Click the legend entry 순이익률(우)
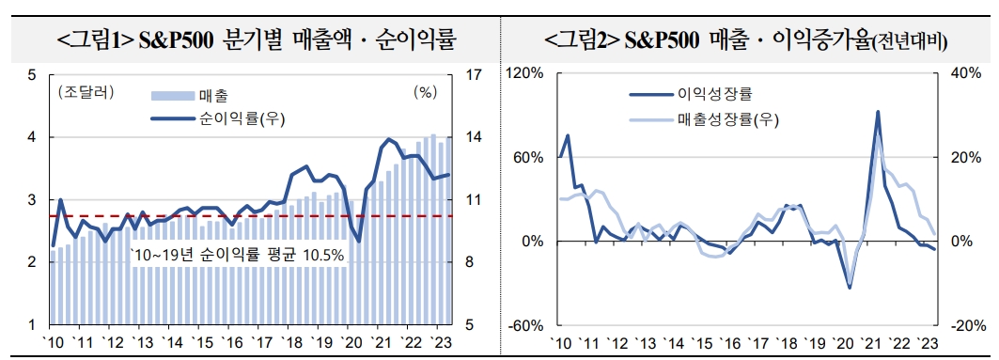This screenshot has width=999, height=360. click(x=241, y=118)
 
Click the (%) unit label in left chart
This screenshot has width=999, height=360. click(x=425, y=92)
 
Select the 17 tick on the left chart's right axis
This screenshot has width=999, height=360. click(x=475, y=74)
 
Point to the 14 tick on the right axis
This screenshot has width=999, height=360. click(x=475, y=137)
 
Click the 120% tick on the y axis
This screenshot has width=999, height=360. click(x=527, y=73)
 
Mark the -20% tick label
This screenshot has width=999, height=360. click(x=962, y=325)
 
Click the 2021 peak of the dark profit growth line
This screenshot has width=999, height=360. click(x=877, y=112)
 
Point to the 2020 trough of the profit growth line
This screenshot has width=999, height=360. click(x=850, y=287)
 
